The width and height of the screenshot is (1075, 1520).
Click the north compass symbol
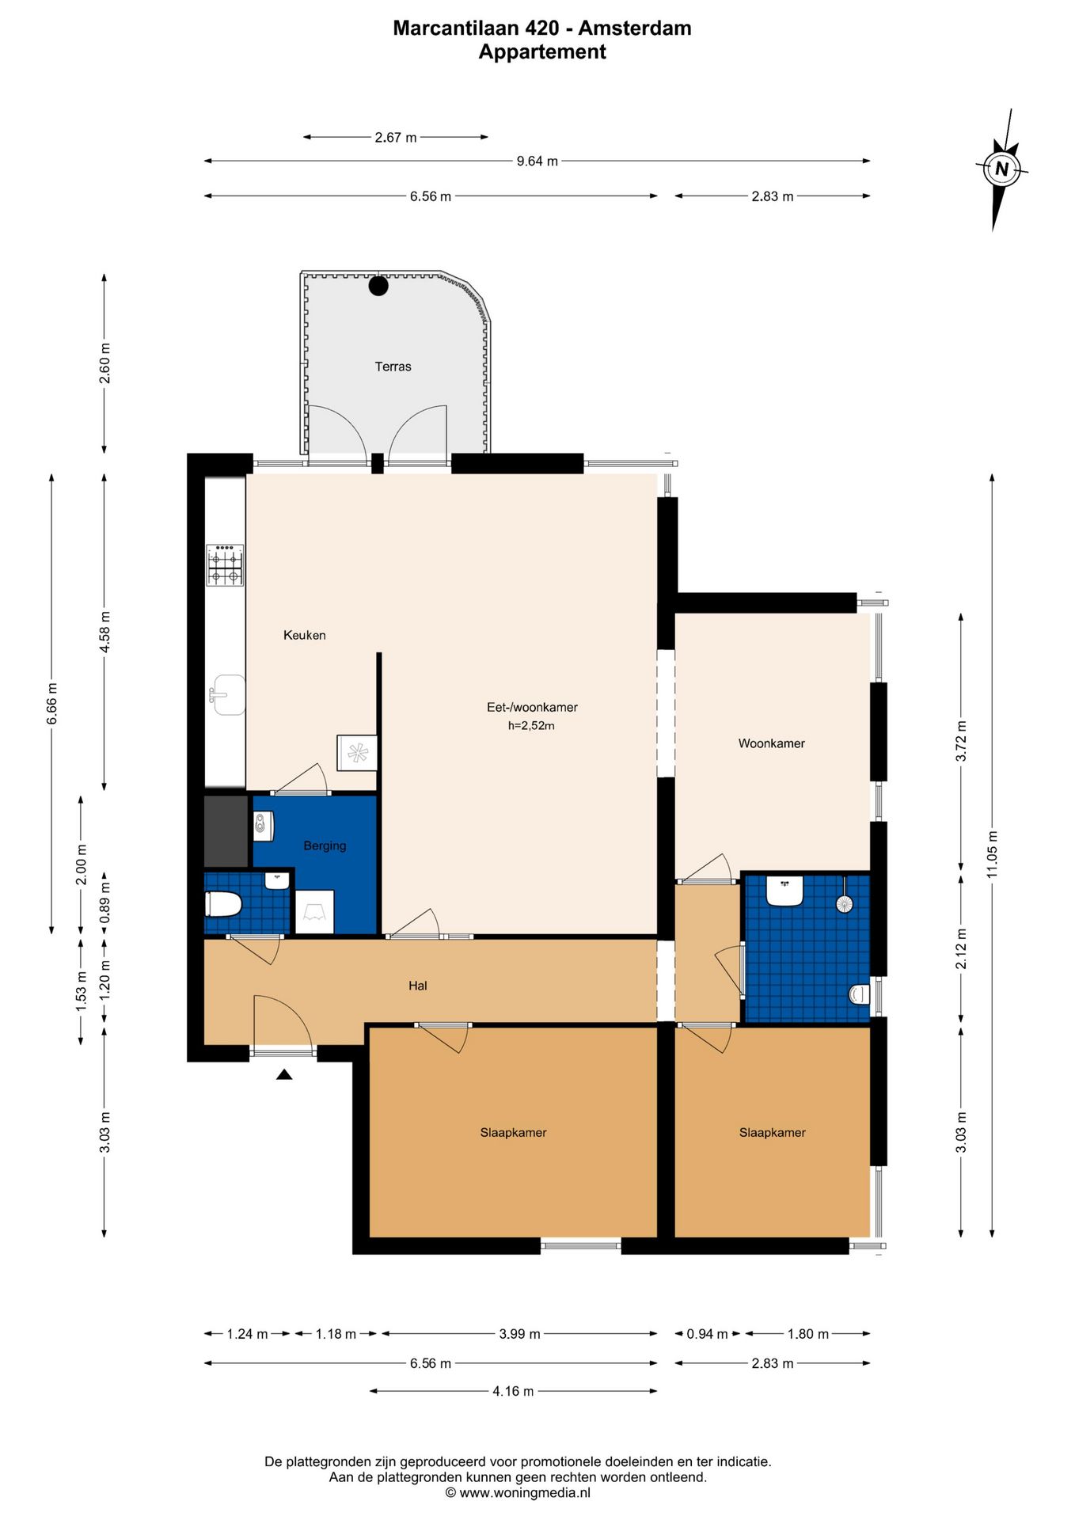(x=1001, y=169)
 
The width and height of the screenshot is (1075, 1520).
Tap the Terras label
(x=393, y=367)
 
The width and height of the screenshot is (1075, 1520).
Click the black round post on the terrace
(x=378, y=286)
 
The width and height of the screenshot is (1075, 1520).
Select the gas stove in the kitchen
(x=225, y=565)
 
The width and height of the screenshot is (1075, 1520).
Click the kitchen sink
(x=228, y=695)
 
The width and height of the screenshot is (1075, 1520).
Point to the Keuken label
(x=305, y=635)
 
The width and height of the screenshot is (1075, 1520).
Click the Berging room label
(x=325, y=845)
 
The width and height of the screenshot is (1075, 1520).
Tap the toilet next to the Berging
(x=223, y=904)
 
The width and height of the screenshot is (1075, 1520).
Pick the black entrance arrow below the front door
(x=284, y=1074)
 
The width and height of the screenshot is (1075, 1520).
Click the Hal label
(x=418, y=986)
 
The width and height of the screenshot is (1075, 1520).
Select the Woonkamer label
(x=772, y=743)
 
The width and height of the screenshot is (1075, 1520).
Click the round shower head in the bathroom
(x=845, y=903)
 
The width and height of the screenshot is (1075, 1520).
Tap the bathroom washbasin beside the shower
(x=784, y=891)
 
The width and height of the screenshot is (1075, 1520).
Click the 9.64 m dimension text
(x=537, y=161)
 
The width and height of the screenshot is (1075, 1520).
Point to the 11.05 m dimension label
(x=993, y=854)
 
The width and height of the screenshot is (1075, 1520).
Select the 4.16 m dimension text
(x=513, y=1391)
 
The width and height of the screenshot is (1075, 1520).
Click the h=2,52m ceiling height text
(x=531, y=725)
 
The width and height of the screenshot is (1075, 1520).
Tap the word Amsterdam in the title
(x=635, y=28)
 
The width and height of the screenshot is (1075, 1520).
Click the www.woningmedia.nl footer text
(x=525, y=1493)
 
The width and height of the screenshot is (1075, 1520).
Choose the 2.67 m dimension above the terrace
(x=396, y=138)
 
